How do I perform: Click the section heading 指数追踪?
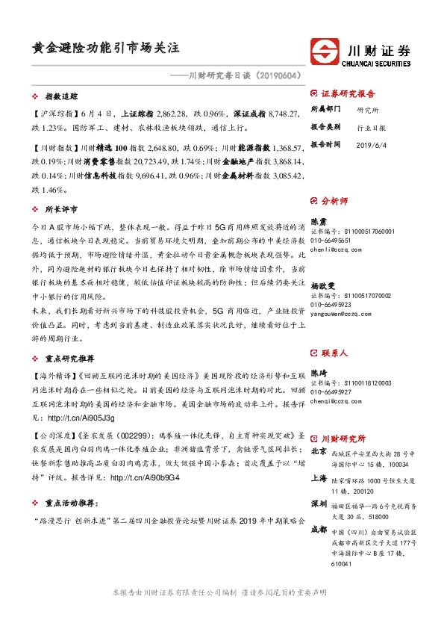pyautogui.click(x=62, y=97)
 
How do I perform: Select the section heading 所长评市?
pyautogui.click(x=62, y=209)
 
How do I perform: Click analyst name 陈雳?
pyautogui.click(x=318, y=222)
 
